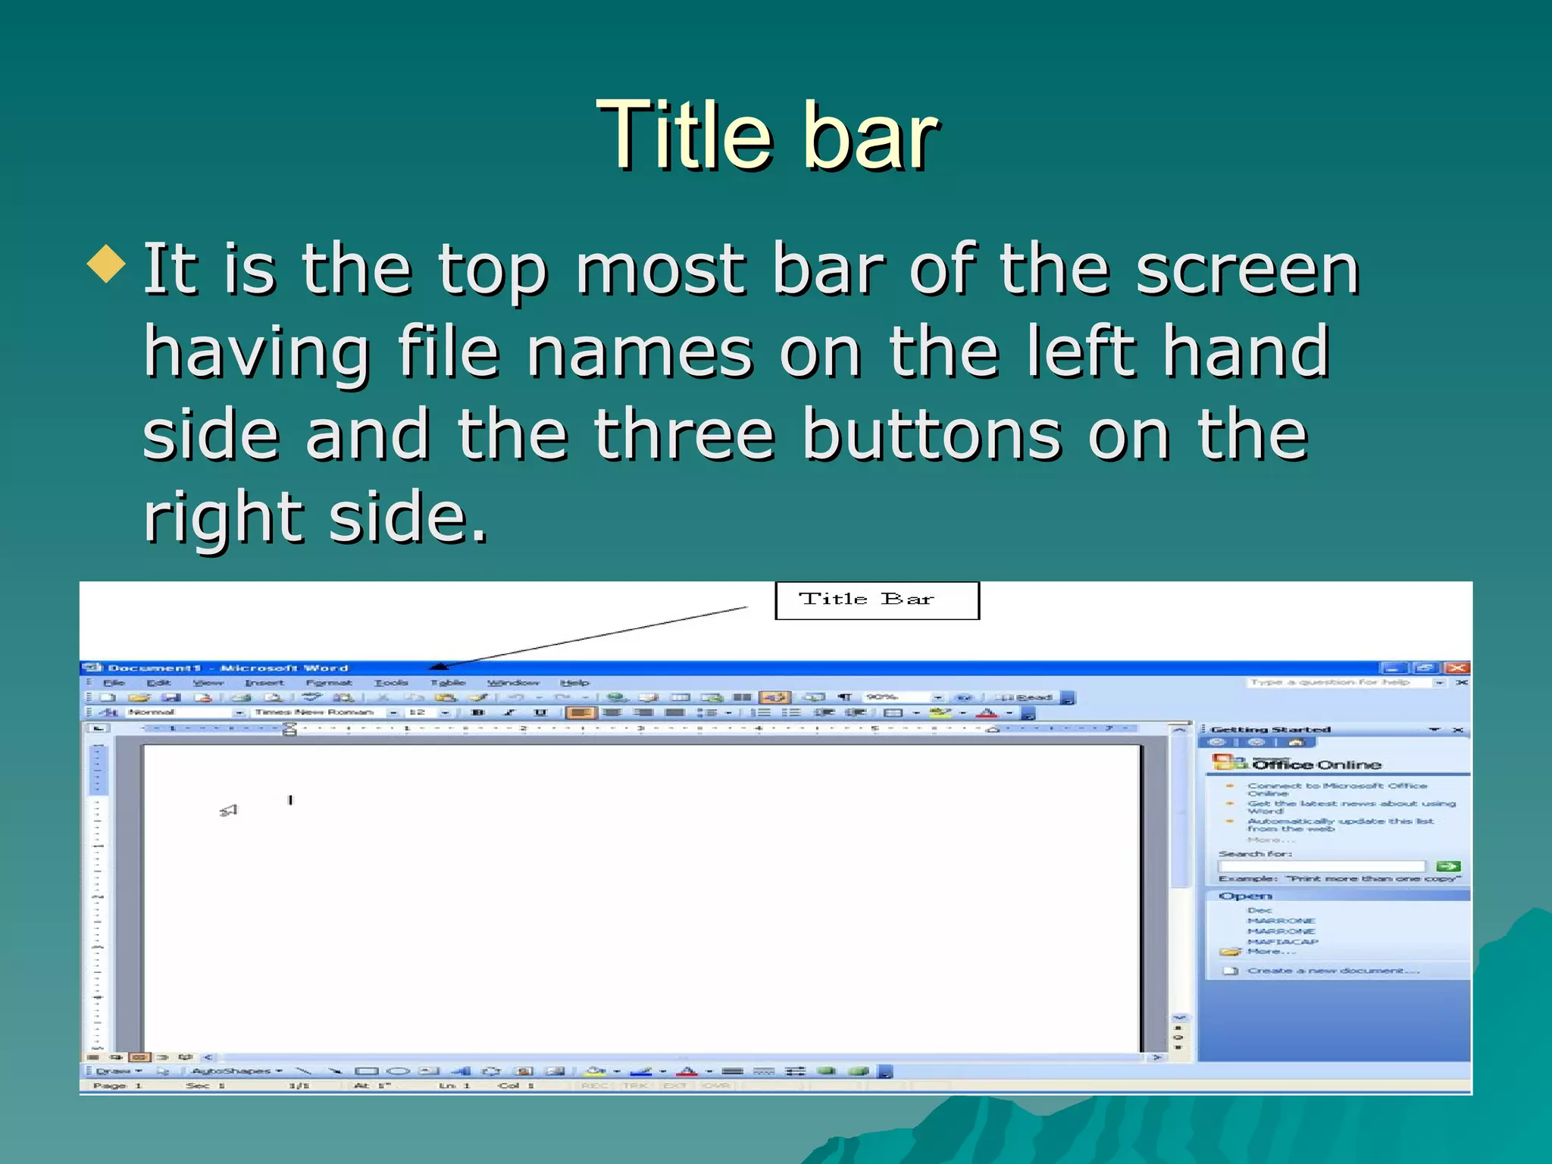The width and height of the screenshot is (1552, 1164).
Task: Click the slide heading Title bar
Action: point(767,136)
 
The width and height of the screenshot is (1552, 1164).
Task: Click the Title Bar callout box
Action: point(877,600)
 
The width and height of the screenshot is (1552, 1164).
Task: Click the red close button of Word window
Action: point(1457,668)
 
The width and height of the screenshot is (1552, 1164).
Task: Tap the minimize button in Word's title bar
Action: point(1393,668)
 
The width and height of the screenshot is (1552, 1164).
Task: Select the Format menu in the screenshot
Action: point(329,683)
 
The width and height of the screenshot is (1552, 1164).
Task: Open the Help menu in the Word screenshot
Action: point(574,683)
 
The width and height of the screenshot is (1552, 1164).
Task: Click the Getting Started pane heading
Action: point(1270,730)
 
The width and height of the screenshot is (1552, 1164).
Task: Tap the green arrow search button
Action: point(1448,866)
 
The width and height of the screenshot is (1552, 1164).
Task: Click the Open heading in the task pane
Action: point(1245,896)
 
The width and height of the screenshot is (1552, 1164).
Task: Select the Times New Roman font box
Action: point(314,712)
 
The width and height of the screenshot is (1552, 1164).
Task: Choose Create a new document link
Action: point(1332,971)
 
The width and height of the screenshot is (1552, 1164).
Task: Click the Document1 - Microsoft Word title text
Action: point(227,668)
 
